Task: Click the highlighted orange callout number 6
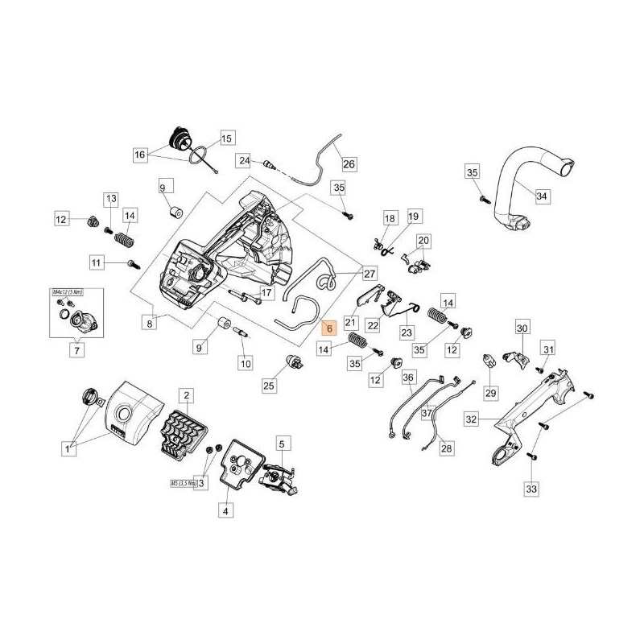click(x=328, y=327)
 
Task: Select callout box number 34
click(x=542, y=196)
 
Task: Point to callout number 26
click(x=349, y=163)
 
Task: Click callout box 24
click(x=244, y=160)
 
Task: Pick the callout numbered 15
click(x=225, y=138)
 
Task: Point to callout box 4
click(x=225, y=510)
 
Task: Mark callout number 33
click(x=530, y=488)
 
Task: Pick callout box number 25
click(x=269, y=387)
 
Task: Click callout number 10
click(x=245, y=363)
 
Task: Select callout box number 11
click(x=97, y=262)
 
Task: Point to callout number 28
click(x=447, y=448)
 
